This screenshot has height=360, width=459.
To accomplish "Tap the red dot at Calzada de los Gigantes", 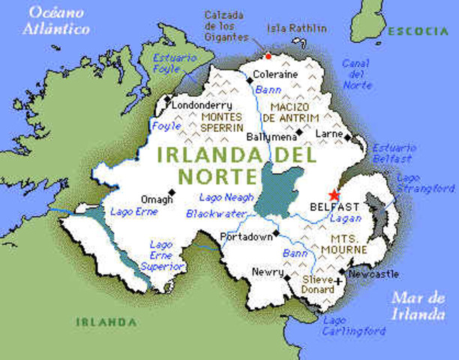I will pos(268,55).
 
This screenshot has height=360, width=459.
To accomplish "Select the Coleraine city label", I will pos(274,75).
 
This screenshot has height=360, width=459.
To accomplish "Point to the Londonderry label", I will pos(202,106).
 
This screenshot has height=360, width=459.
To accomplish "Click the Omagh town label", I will pos(157,199).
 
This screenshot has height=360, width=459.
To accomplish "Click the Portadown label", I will pos(245,237).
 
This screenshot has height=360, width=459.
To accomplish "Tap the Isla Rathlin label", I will pos(297,28).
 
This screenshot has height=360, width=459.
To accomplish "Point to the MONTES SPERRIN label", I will pos(222,123).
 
